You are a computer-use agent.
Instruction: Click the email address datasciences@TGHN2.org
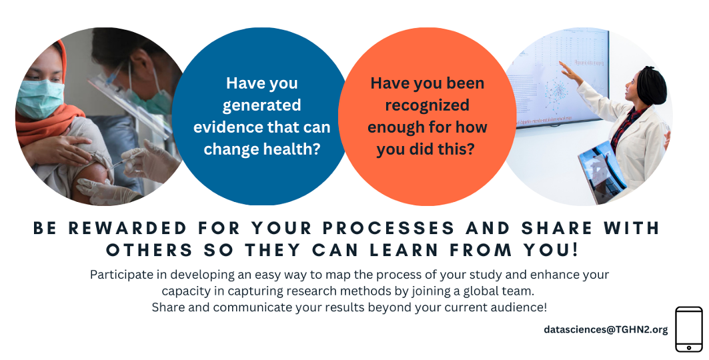pyautogui.click(x=606, y=330)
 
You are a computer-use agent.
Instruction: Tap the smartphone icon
pyautogui.click(x=688, y=329)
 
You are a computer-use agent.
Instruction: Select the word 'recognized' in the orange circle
pyautogui.click(x=428, y=105)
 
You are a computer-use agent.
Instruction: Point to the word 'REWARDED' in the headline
pyautogui.click(x=127, y=228)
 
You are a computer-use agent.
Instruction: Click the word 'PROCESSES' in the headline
pyautogui.click(x=389, y=228)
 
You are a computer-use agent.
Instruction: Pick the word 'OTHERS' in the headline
pyautogui.click(x=149, y=250)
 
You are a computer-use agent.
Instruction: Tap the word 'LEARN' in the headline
pyautogui.click(x=404, y=250)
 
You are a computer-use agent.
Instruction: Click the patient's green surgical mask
pyautogui.click(x=39, y=99)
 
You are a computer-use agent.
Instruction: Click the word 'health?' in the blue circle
pyautogui.click(x=293, y=149)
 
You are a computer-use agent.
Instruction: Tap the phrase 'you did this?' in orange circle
pyautogui.click(x=426, y=149)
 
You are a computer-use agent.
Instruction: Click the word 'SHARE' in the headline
pyautogui.click(x=557, y=228)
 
